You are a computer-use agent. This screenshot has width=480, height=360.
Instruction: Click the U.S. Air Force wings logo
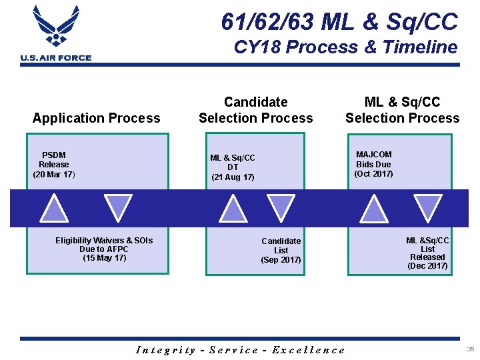(x=55, y=27)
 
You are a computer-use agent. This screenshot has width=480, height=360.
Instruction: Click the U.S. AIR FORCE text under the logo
(x=56, y=58)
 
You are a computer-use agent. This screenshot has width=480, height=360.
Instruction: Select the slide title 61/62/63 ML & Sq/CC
(x=339, y=21)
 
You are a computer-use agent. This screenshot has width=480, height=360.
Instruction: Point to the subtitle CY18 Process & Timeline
(x=345, y=47)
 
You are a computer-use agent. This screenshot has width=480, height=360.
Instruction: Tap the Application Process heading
(x=97, y=118)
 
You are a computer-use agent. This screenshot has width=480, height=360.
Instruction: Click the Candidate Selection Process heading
(x=255, y=110)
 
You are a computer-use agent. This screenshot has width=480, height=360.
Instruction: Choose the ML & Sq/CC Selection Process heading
(x=402, y=110)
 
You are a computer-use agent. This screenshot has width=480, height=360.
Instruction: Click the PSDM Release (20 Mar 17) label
(x=54, y=165)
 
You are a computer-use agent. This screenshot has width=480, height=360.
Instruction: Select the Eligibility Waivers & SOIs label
(x=104, y=249)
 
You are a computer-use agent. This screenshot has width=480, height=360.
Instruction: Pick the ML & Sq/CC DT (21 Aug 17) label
(x=233, y=167)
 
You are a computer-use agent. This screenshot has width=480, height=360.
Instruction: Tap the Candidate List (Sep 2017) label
(x=281, y=251)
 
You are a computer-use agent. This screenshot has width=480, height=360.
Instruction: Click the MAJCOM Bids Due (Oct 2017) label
(x=373, y=164)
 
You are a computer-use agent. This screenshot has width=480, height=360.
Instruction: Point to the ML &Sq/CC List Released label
(x=427, y=253)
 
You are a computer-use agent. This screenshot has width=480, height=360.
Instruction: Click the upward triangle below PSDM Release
(x=54, y=209)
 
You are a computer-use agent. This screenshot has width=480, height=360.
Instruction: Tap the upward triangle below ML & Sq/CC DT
(x=233, y=209)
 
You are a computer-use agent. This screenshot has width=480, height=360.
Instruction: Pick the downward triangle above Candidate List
(x=280, y=207)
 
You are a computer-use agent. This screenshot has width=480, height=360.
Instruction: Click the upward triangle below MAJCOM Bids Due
(x=373, y=209)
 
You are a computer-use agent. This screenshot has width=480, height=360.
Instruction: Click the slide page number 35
(x=471, y=349)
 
